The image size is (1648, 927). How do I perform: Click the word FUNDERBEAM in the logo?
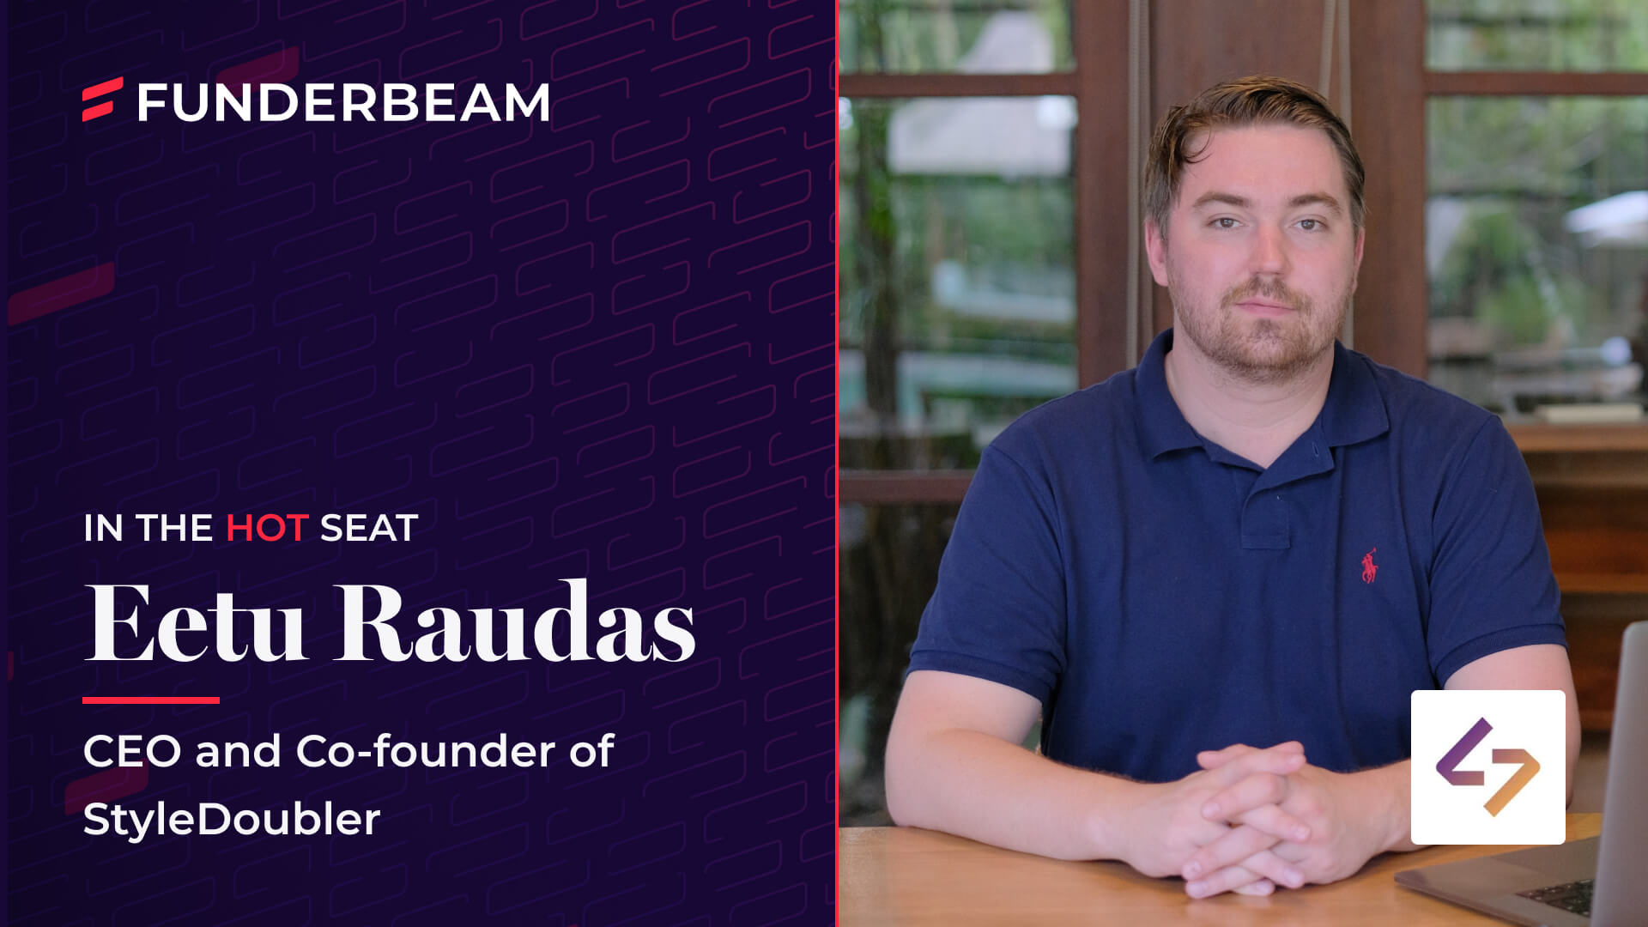pos(343,102)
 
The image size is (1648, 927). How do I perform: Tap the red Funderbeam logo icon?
pos(103,100)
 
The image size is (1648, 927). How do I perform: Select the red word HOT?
pos(267,528)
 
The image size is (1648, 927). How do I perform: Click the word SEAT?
pos(369,528)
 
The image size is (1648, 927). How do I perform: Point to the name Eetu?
pos(196,623)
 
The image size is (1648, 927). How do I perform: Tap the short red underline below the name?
pos(151,700)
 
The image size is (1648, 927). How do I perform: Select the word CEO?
pos(133,751)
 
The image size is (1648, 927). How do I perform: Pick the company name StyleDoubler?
pos(232,819)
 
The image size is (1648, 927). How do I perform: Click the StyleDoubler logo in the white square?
pos(1488,766)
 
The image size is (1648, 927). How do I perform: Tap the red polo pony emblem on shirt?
pos(1369,566)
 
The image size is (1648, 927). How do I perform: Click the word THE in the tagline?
pos(174,528)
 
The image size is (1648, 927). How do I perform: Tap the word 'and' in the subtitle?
pos(239,751)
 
